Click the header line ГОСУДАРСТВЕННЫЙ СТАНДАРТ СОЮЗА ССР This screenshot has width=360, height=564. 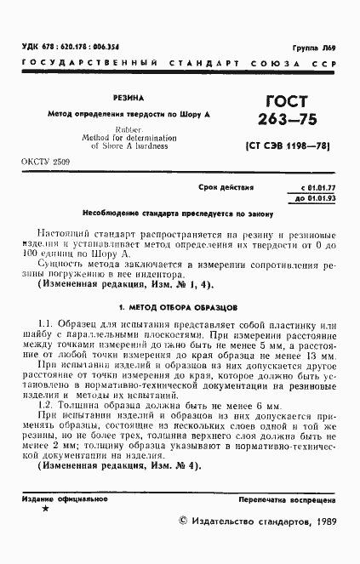pos(179,65)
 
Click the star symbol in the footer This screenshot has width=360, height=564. pos(45,510)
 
